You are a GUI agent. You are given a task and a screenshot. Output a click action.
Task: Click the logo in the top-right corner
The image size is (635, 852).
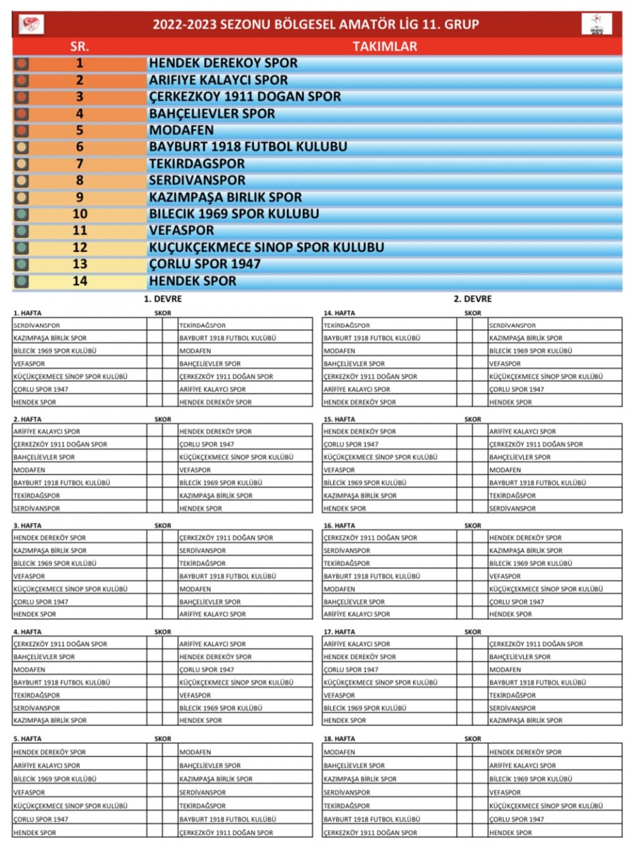coord(597,24)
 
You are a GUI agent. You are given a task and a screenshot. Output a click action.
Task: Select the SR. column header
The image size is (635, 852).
coord(79,46)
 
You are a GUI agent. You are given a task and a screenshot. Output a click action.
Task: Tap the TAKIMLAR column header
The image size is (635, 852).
coord(385,46)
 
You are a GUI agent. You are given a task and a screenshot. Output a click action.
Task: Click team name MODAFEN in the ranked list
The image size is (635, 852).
coord(182,130)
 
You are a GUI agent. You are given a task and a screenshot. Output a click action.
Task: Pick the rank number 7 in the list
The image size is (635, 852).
coord(79,164)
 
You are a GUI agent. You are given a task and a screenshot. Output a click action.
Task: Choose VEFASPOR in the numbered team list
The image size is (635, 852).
coord(182,231)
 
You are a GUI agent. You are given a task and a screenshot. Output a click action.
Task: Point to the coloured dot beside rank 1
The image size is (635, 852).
coord(22,64)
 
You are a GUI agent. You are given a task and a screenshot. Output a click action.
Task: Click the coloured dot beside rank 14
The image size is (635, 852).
coord(22,281)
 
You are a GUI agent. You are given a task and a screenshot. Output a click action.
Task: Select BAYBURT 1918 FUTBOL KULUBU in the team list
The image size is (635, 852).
coord(248,147)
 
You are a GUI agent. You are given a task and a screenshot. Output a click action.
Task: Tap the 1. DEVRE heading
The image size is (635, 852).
coord(163,299)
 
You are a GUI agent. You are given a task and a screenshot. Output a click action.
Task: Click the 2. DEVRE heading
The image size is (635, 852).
coord(472,299)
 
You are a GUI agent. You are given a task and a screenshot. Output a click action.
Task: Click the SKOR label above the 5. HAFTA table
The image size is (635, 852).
coord(163,739)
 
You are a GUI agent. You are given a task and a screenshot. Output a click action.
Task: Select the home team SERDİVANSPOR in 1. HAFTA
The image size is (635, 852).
coord(37,325)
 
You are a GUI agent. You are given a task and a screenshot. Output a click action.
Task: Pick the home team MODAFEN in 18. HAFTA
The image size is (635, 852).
coord(340,752)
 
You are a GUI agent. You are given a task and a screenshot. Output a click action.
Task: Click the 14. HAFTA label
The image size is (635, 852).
coord(340,313)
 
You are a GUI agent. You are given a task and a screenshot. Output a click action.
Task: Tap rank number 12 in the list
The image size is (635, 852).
coord(79,248)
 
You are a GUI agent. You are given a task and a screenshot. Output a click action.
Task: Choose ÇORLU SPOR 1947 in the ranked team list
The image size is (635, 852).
coord(205,264)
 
